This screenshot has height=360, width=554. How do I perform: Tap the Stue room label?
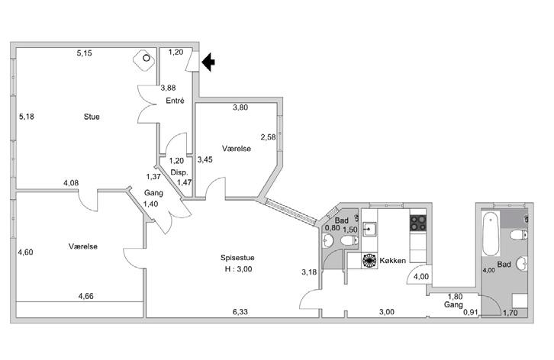(92, 117)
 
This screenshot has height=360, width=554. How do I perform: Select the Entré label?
(176, 100)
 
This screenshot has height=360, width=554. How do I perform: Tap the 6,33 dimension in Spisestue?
(240, 311)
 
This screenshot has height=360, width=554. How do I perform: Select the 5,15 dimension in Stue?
(84, 53)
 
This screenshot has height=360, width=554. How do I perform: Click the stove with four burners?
(419, 223)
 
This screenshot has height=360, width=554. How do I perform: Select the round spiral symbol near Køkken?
(369, 261)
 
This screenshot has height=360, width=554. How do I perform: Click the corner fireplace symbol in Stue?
(141, 59)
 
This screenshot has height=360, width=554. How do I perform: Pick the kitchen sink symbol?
(369, 228)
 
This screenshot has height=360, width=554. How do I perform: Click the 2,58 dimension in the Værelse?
(268, 137)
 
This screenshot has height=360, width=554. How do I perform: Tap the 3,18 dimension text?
(309, 272)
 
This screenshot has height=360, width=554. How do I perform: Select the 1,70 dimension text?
(511, 312)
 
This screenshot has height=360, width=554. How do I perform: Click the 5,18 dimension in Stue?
(27, 117)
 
